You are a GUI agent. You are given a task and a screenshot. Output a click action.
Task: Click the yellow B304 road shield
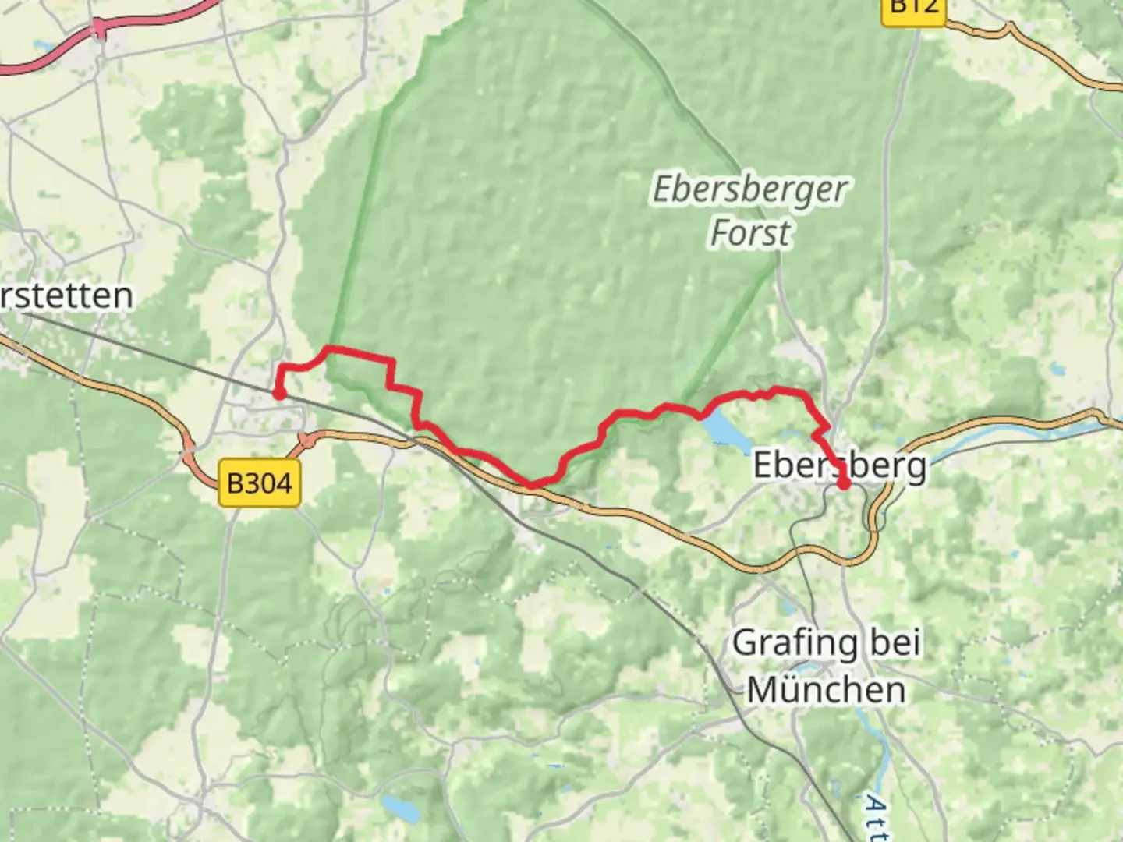point(259,483)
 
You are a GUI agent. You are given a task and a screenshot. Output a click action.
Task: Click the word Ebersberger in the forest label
point(750,190)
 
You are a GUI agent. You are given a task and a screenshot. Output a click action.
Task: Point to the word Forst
point(750,233)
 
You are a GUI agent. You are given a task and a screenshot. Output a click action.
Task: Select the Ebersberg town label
point(840,465)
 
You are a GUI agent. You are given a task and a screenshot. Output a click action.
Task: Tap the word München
point(827,690)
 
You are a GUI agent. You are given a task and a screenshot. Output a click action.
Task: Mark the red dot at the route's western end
point(278,393)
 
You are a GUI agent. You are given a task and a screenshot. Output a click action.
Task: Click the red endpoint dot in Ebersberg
point(844,483)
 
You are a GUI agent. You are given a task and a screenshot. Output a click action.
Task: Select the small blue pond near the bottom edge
point(399,808)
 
